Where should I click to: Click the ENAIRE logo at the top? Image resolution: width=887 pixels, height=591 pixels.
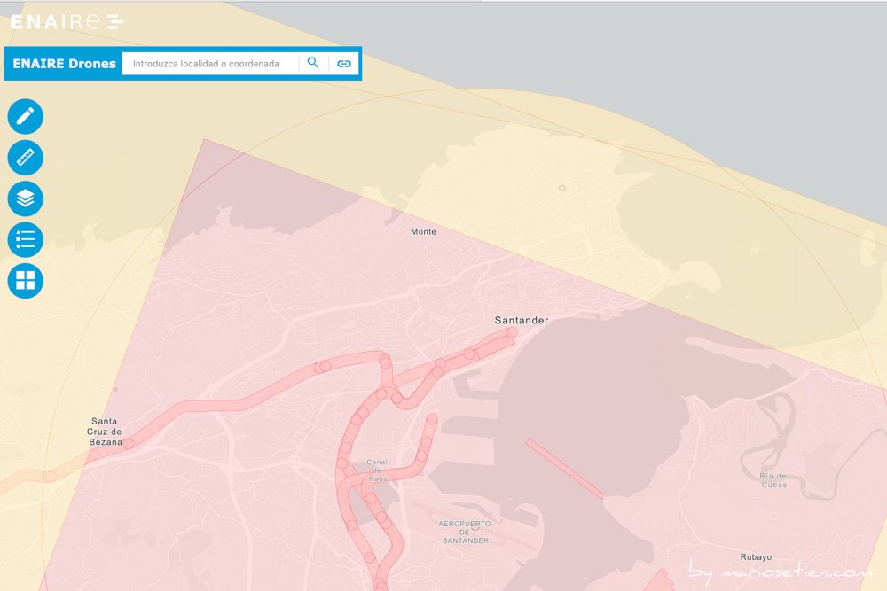pyautogui.click(x=67, y=22)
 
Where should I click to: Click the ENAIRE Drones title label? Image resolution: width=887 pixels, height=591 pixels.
pyautogui.click(x=64, y=64)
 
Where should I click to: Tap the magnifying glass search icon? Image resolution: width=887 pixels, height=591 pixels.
pyautogui.click(x=313, y=63)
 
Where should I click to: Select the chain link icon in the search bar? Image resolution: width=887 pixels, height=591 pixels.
pyautogui.click(x=344, y=64)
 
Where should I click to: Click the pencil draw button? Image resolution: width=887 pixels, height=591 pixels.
pyautogui.click(x=25, y=116)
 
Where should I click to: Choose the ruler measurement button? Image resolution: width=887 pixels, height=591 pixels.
pyautogui.click(x=25, y=158)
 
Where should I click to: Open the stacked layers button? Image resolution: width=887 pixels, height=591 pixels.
pyautogui.click(x=25, y=198)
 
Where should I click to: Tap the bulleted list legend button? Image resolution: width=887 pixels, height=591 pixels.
pyautogui.click(x=25, y=239)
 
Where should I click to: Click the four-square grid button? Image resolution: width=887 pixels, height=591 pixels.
pyautogui.click(x=25, y=281)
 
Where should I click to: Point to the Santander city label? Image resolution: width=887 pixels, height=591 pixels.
pyautogui.click(x=521, y=320)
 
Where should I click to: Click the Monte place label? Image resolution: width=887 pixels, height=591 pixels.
pyautogui.click(x=423, y=232)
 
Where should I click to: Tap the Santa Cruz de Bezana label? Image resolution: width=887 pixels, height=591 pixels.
pyautogui.click(x=104, y=432)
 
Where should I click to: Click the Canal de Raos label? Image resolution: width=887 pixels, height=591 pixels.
pyautogui.click(x=377, y=470)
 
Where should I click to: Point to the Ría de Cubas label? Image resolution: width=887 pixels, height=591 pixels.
pyautogui.click(x=773, y=480)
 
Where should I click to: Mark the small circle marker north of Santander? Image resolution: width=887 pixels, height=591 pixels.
pyautogui.click(x=561, y=188)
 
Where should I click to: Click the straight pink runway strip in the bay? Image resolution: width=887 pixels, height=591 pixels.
pyautogui.click(x=565, y=469)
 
